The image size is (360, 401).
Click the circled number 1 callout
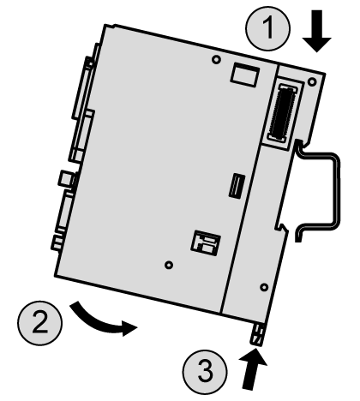267,28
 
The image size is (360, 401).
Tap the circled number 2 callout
40,323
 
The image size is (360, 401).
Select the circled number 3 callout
205,372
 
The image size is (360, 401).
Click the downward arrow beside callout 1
316,31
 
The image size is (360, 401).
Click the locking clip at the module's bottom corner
257,334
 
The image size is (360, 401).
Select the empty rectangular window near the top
245,75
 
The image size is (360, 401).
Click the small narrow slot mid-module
237,186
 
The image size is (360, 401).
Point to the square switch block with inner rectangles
206,242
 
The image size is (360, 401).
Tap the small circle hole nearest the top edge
216,59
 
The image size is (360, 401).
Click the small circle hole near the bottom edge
169,265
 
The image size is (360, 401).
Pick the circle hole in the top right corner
312,82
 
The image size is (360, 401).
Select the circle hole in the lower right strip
264,287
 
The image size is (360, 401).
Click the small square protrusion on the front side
66,179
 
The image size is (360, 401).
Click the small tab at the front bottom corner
57,242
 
